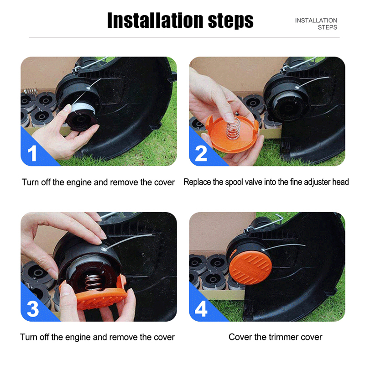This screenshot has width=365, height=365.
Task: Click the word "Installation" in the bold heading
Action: click(155, 21)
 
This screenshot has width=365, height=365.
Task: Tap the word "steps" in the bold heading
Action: click(230, 21)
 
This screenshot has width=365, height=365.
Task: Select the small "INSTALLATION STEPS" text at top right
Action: click(316, 24)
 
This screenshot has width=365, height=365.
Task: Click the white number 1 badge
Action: click(32, 153)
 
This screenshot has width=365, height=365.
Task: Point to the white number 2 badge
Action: click(201, 153)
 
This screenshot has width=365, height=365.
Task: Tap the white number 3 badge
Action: click(32, 309)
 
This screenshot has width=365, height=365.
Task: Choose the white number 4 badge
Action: click(201, 309)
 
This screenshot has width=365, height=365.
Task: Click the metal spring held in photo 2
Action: click(233, 128)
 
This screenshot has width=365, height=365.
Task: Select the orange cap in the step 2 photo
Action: click(232, 134)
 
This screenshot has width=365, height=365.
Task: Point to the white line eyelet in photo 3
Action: click(104, 249)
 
